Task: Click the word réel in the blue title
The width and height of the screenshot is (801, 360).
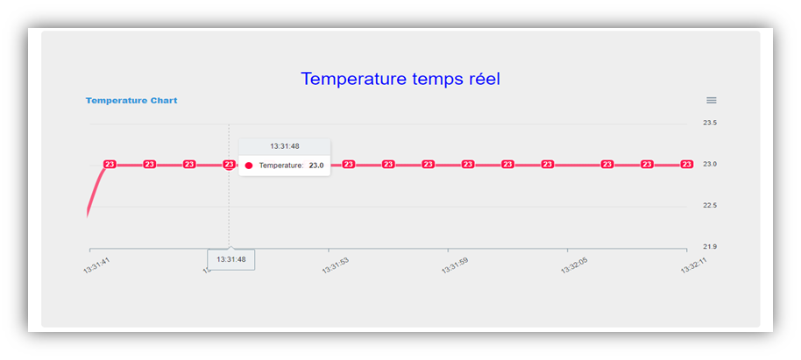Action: point(478,79)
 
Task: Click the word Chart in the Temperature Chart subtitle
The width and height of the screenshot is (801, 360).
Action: point(163,101)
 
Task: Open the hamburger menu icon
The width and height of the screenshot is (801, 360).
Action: point(712,101)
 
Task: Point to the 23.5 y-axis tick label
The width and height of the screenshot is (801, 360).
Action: point(710,124)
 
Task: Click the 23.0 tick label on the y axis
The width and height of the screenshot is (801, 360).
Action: point(710,165)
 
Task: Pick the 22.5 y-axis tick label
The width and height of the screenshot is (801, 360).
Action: point(710,206)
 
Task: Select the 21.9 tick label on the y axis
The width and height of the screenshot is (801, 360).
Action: point(710,247)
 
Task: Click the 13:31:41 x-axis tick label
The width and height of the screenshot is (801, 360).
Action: point(96,264)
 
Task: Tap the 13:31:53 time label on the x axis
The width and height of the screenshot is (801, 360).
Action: point(335,265)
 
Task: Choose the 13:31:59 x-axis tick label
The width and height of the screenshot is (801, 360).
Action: point(454,265)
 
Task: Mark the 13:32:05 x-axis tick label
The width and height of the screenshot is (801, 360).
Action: point(573,265)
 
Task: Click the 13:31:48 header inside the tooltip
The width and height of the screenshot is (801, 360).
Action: point(284,146)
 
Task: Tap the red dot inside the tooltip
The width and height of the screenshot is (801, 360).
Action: point(249,166)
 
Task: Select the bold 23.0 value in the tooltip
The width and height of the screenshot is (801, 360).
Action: point(315,166)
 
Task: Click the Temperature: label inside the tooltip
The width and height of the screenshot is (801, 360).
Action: point(281,166)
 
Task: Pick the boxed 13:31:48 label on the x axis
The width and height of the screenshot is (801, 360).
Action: point(231,260)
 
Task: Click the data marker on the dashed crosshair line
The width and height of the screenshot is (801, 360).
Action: point(229,164)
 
